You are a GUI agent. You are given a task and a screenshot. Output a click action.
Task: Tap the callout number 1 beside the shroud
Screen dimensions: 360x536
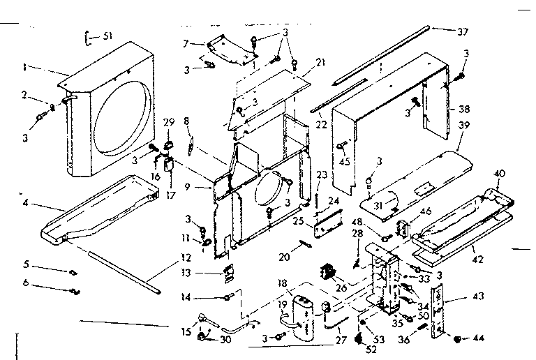coord(24,68)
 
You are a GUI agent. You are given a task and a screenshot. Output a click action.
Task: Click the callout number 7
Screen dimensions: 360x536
coord(186,44)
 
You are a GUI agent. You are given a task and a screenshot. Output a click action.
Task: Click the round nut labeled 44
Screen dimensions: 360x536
coord(457,339)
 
